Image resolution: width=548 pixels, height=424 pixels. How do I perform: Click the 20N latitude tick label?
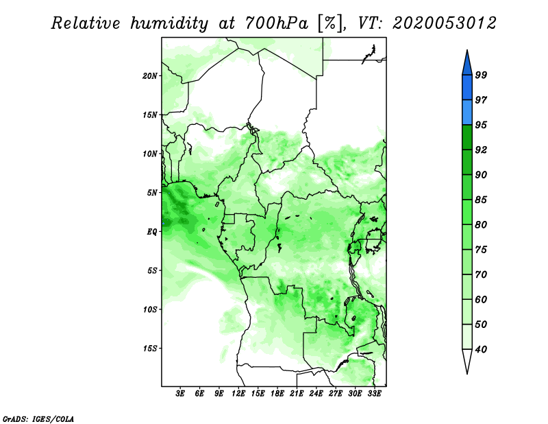(x=150, y=75)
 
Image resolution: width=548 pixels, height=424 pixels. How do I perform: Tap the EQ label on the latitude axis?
(x=152, y=231)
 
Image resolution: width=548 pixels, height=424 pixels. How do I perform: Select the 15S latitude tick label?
(x=150, y=349)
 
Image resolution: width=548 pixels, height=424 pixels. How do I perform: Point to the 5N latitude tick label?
(x=152, y=193)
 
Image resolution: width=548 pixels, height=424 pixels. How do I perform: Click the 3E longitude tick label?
(x=180, y=393)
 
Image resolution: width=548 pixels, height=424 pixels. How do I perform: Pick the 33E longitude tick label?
(x=374, y=393)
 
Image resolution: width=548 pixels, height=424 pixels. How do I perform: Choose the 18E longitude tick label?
(x=277, y=393)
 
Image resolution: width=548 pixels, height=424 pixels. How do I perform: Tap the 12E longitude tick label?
(x=238, y=393)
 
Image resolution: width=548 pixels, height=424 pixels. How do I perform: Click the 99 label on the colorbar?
(x=481, y=75)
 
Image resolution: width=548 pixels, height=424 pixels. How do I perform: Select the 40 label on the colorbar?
(x=481, y=349)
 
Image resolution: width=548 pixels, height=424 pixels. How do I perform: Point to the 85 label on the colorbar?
(x=481, y=200)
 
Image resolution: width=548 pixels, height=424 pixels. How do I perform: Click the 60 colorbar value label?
(x=481, y=299)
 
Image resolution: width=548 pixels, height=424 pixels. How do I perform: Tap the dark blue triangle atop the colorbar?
(x=467, y=64)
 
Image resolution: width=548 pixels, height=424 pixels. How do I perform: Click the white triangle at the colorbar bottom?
(x=467, y=360)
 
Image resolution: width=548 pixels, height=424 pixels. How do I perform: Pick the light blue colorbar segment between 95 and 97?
(x=467, y=113)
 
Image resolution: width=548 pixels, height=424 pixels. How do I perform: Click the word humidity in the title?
(x=169, y=23)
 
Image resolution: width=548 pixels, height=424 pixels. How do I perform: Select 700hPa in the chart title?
(x=277, y=23)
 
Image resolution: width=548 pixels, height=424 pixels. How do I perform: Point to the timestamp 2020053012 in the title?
(x=444, y=23)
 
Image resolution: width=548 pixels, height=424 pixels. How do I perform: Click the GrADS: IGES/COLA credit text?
(x=38, y=419)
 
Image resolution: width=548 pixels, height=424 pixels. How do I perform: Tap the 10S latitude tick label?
(x=150, y=309)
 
